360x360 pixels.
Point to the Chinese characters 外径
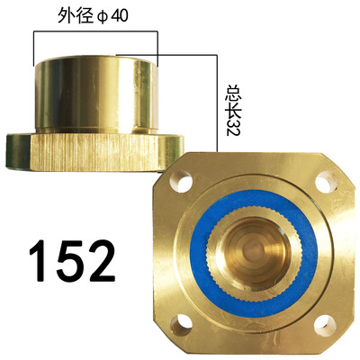76,17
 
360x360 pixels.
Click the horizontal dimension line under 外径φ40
95,32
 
